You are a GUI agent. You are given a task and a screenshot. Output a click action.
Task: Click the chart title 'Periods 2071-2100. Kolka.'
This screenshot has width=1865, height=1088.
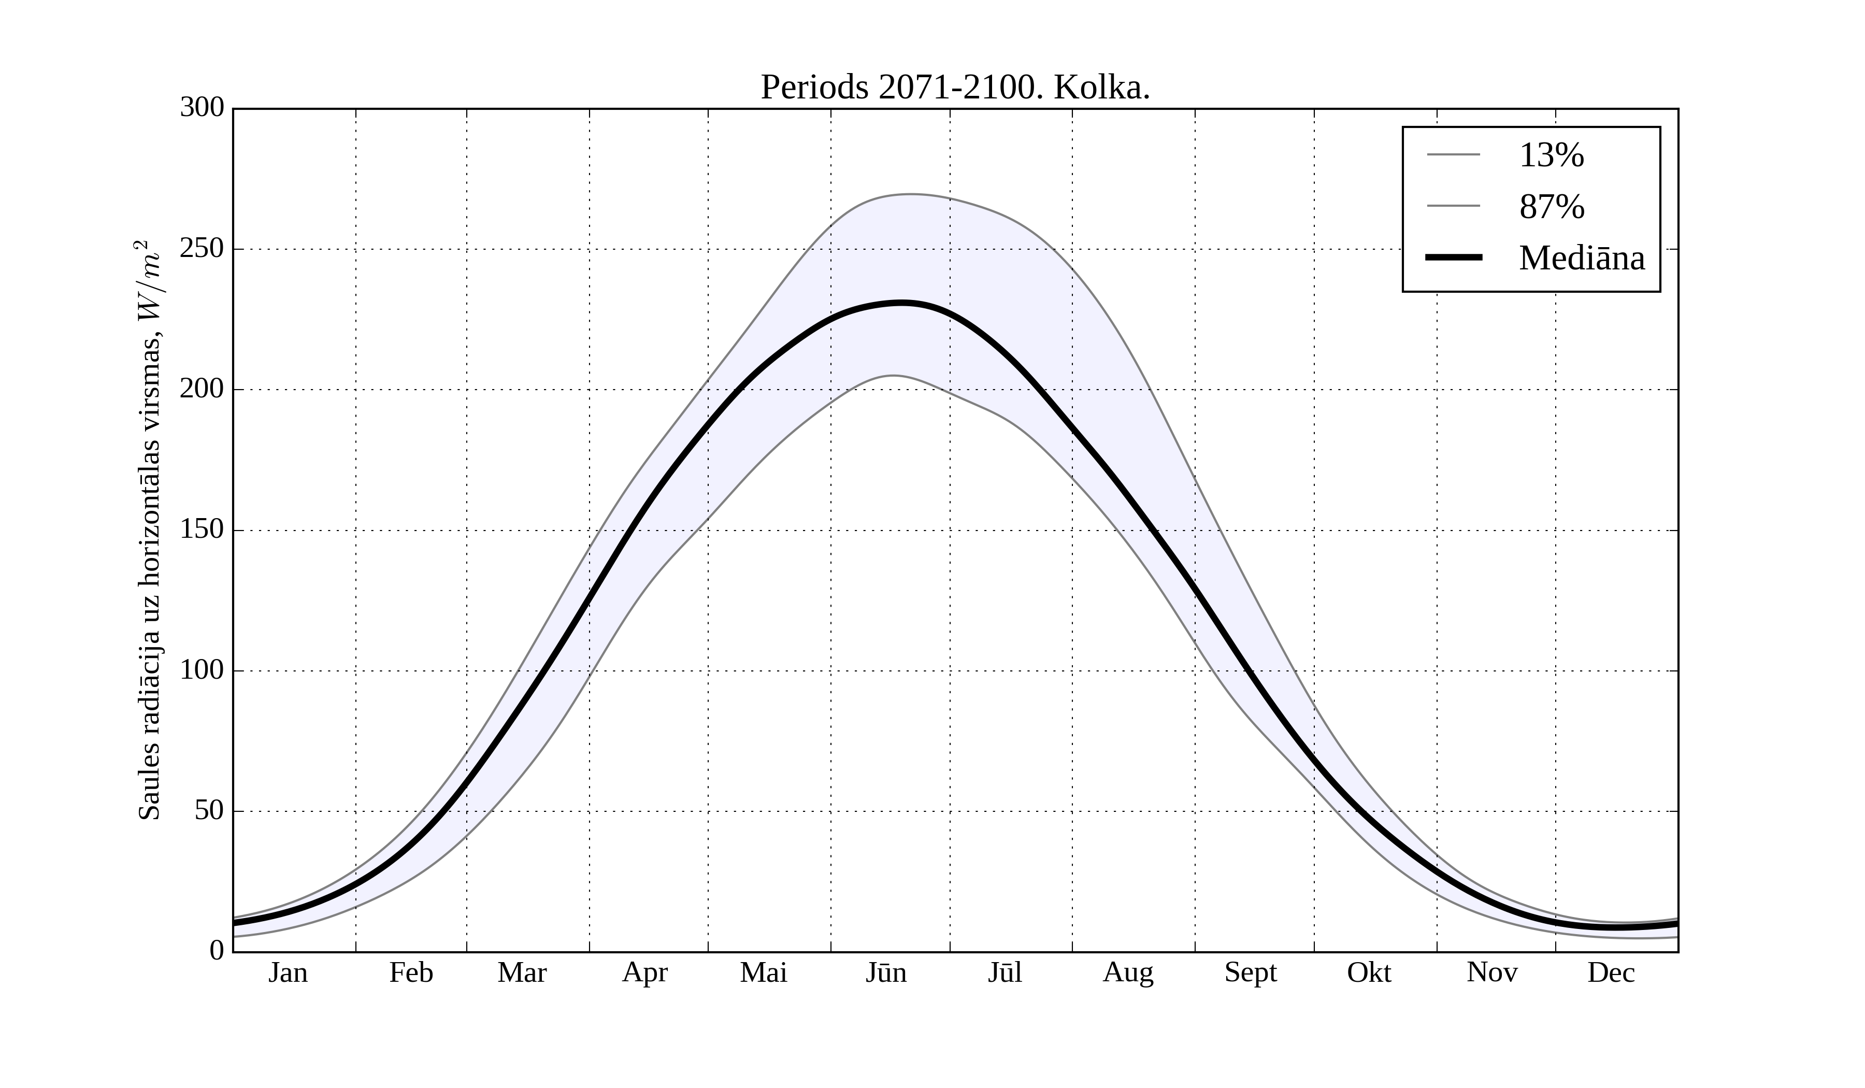pos(955,88)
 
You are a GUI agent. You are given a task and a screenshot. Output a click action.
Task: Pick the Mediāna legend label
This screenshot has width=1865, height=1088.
pos(1582,259)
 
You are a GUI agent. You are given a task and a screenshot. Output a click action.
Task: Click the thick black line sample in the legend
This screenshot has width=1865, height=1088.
pos(1454,257)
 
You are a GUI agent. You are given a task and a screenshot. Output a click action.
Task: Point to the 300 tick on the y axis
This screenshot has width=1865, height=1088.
pos(202,108)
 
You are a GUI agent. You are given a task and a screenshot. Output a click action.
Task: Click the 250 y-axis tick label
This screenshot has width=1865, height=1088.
pos(202,249)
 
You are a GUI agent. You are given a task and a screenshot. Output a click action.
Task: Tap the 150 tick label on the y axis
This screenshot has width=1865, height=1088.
pos(202,530)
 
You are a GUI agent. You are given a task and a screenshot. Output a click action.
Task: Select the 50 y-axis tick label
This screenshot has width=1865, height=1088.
pos(209,811)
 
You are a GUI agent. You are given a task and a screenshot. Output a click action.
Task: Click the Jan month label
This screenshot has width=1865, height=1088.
pos(288,972)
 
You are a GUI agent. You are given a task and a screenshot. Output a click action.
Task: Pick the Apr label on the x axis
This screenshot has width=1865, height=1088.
pos(644,972)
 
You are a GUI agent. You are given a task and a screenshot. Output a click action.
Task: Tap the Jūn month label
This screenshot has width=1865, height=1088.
pos(886,972)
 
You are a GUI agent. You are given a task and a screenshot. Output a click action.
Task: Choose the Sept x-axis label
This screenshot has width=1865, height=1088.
pos(1251,972)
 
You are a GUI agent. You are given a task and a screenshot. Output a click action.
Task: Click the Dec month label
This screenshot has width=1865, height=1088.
pos(1611,972)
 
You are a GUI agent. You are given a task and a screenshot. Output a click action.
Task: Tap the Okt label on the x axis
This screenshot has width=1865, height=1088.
pos(1369,972)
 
